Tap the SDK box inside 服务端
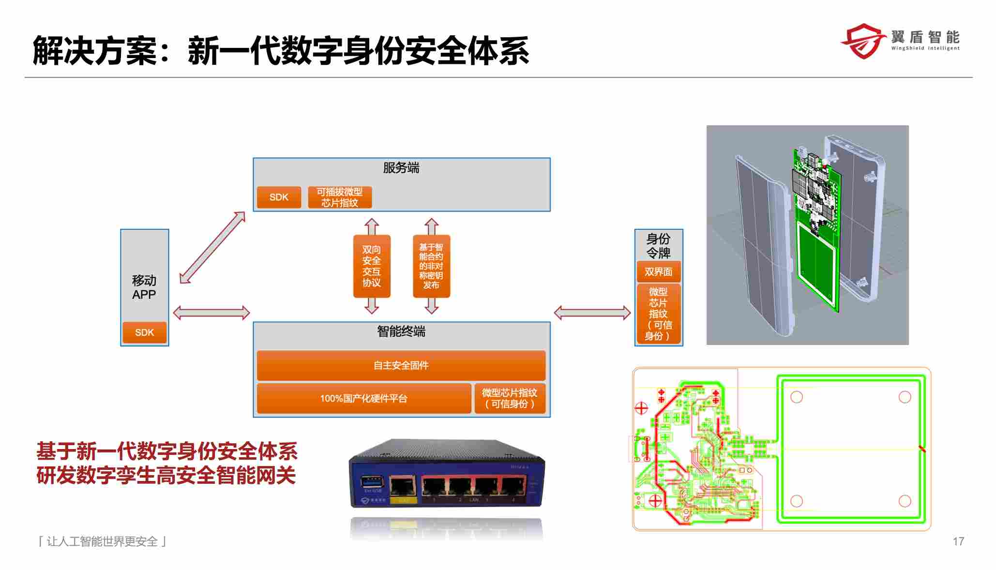pyautogui.click(x=279, y=197)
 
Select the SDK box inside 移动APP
pyautogui.click(x=144, y=333)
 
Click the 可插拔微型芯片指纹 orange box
pyautogui.click(x=340, y=197)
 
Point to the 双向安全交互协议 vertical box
pyautogui.click(x=372, y=266)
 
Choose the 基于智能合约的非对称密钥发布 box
pyautogui.click(x=431, y=266)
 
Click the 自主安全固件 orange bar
pyautogui.click(x=401, y=365)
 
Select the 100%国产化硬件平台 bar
pyautogui.click(x=363, y=399)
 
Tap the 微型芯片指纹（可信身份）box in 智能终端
pyautogui.click(x=510, y=398)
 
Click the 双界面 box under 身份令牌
pyautogui.click(x=658, y=272)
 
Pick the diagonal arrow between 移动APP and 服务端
pyautogui.click(x=212, y=247)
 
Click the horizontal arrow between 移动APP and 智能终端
pyautogui.click(x=211, y=313)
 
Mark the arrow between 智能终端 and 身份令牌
pyautogui.click(x=592, y=313)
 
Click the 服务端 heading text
pyautogui.click(x=401, y=168)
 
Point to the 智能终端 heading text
pyautogui.click(x=401, y=331)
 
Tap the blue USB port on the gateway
pyautogui.click(x=372, y=482)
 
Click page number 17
pyautogui.click(x=958, y=541)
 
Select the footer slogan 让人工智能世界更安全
pyautogui.click(x=102, y=541)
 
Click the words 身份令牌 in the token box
pyautogui.click(x=658, y=246)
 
